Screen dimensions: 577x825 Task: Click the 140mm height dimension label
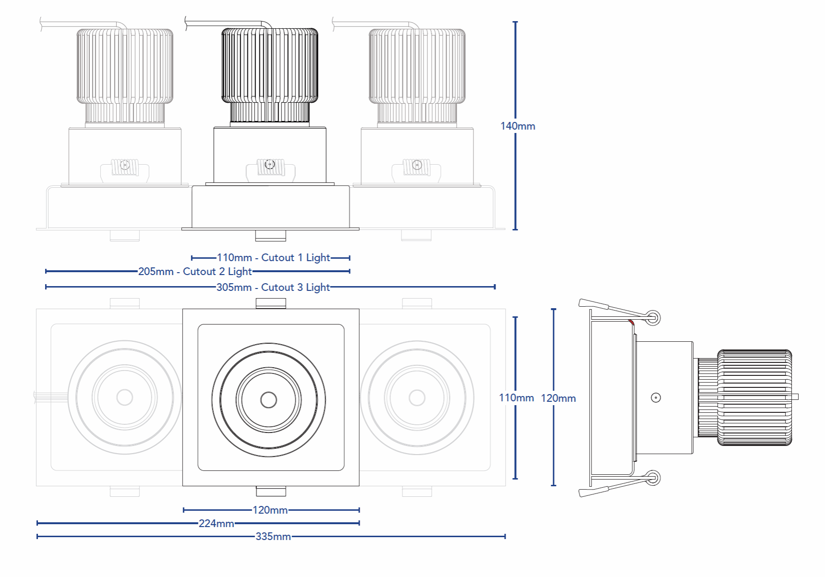[517, 126]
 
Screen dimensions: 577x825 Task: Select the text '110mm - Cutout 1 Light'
[273, 258]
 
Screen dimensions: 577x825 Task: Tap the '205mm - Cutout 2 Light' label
[194, 272]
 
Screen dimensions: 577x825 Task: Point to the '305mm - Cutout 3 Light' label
[273, 288]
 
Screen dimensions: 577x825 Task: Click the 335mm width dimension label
[273, 537]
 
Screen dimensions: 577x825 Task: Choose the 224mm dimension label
[216, 523]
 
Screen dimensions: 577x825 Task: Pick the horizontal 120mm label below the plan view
[270, 510]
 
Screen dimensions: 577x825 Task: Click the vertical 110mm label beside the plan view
[516, 398]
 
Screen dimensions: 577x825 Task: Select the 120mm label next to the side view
[558, 398]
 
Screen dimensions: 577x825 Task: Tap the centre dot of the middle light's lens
[268, 399]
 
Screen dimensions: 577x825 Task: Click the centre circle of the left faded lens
[125, 397]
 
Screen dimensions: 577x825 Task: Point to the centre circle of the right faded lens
[417, 397]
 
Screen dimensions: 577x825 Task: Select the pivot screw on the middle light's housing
[269, 165]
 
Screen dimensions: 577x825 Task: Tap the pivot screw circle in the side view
[655, 397]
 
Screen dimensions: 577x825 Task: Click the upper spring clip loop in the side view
[653, 317]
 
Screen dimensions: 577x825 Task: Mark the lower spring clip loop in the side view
[653, 478]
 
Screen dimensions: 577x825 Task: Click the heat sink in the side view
[754, 397]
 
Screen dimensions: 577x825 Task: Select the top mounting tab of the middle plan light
[271, 303]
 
